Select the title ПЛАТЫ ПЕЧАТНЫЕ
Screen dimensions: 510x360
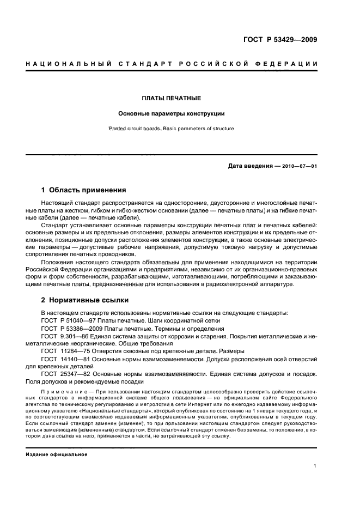coord(172,98)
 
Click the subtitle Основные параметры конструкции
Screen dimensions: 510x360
coord(172,114)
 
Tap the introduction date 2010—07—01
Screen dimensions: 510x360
coord(300,166)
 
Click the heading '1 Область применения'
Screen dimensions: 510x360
coord(84,190)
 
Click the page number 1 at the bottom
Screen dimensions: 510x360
coord(315,466)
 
